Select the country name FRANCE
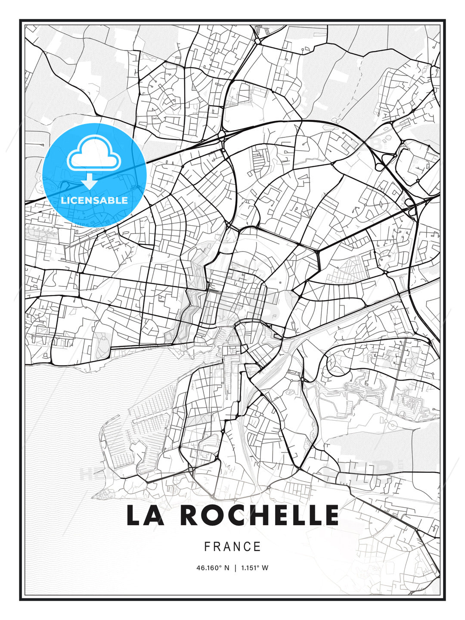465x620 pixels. [x=232, y=547]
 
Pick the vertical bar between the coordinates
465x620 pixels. [x=235, y=568]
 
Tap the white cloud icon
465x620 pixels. [x=94, y=153]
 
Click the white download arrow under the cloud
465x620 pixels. [x=90, y=181]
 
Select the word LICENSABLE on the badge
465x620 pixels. [x=94, y=200]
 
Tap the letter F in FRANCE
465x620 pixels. [x=207, y=547]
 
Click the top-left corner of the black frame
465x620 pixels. [x=20, y=20]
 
